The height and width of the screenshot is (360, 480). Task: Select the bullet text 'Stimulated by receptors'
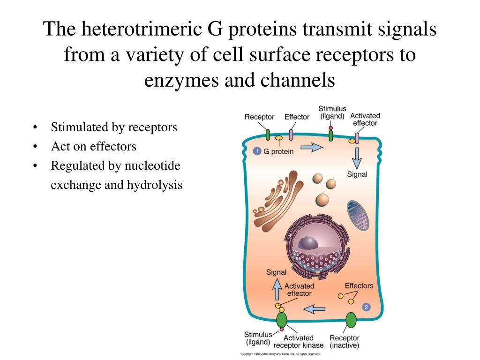[x=114, y=127]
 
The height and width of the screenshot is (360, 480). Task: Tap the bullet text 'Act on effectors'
[x=93, y=146]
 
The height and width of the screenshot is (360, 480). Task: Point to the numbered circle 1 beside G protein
[x=257, y=151]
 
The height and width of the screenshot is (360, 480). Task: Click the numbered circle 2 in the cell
[x=367, y=307]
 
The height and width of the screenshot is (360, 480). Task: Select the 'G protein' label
[x=278, y=151]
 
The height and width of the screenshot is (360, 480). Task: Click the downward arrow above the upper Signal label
[x=357, y=158]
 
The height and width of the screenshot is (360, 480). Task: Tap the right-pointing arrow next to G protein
[x=311, y=148]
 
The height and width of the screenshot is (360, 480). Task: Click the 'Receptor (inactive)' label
[x=344, y=342]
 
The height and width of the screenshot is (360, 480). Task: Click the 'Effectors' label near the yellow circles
[x=359, y=285]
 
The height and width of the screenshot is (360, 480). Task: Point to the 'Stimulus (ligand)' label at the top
[x=332, y=112]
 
